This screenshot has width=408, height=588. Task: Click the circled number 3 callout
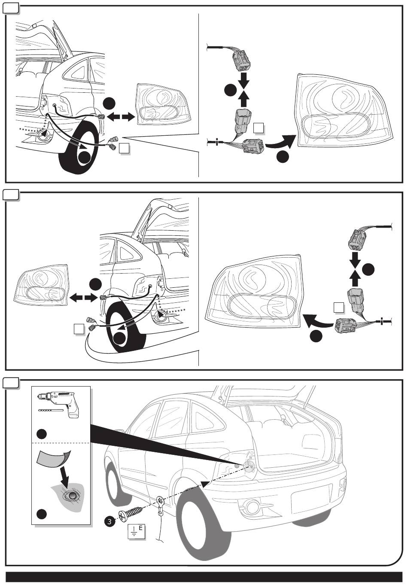[110, 522]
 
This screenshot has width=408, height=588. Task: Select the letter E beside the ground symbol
[140, 527]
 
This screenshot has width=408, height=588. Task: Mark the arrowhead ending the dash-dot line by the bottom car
[205, 484]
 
